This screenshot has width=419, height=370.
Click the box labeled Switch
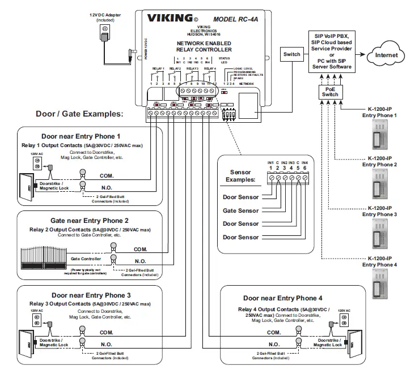tap(292, 54)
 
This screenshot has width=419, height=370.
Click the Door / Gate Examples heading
tap(79, 114)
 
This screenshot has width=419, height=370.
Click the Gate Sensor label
tap(240, 210)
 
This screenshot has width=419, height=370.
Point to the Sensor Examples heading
tap(240, 176)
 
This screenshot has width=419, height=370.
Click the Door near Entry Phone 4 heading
tap(282, 298)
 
